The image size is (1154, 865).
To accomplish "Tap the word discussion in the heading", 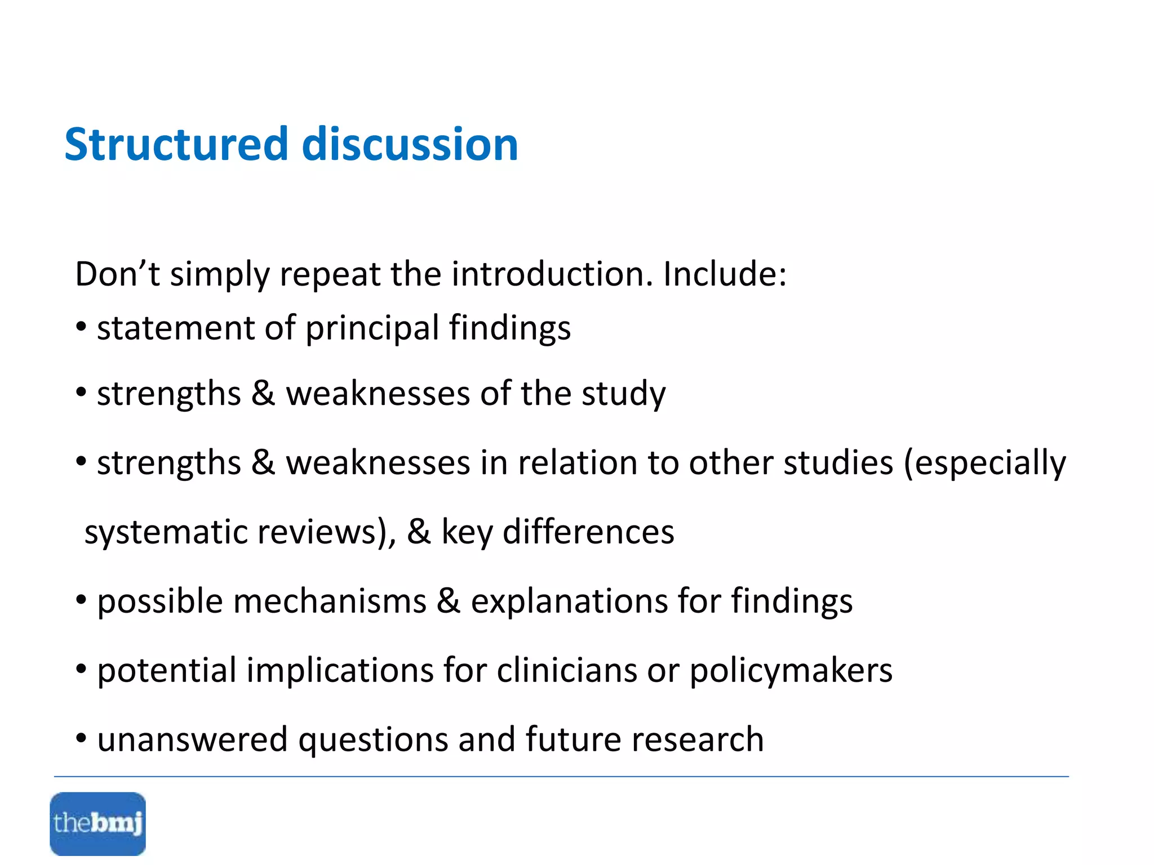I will [410, 144].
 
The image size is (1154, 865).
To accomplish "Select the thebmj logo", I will [97, 823].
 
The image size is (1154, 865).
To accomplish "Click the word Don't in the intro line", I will [117, 274].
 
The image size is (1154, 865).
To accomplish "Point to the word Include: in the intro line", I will [725, 274].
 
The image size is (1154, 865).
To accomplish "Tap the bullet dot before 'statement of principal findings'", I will [82, 327].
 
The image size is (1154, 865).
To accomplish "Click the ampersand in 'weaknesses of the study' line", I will [263, 393].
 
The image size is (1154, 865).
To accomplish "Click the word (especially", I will [985, 464].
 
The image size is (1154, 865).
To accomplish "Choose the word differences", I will [588, 532].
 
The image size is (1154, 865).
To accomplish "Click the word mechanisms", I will [330, 601].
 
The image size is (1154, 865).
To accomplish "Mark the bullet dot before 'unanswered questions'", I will [82, 738].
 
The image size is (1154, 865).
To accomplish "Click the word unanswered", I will [192, 741].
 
